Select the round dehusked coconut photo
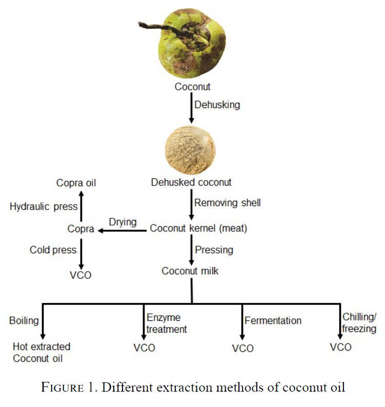[x=190, y=150]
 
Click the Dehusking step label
[x=217, y=105]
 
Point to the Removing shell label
[x=228, y=202]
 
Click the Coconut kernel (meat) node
[x=198, y=229]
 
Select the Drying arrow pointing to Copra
[x=122, y=231]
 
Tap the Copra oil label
[x=76, y=183]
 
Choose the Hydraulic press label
[x=44, y=207]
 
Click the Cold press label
[x=53, y=250]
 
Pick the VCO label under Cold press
[x=80, y=275]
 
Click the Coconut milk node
[x=190, y=271]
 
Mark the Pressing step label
[x=214, y=250]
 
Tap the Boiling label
[x=24, y=321]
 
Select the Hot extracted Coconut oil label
[x=42, y=353]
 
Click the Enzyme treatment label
[x=167, y=323]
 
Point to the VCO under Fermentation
[x=242, y=349]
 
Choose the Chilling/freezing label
[x=359, y=322]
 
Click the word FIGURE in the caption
[x=63, y=388]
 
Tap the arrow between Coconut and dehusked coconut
[x=191, y=108]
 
